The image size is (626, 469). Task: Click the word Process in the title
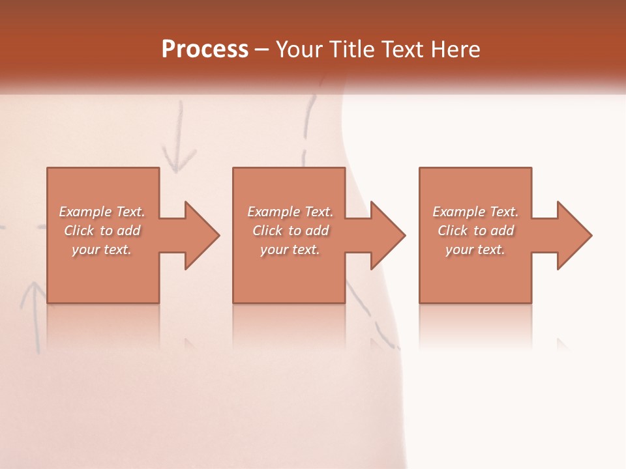[205, 49]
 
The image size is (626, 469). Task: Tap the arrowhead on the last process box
[573, 235]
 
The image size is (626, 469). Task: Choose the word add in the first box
[128, 231]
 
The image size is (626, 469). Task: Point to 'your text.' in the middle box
[290, 249]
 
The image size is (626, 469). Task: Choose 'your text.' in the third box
[475, 249]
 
